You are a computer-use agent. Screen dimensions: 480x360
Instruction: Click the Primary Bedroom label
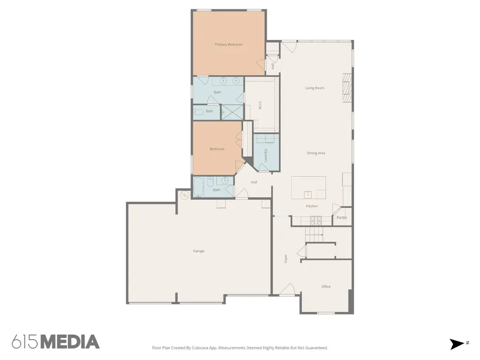pyautogui.click(x=229, y=45)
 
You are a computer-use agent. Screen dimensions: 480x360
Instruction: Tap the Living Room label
pyautogui.click(x=315, y=88)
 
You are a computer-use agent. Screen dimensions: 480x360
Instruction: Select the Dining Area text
pyautogui.click(x=316, y=153)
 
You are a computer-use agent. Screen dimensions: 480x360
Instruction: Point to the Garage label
pyautogui.click(x=199, y=251)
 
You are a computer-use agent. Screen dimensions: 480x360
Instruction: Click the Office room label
pyautogui.click(x=326, y=286)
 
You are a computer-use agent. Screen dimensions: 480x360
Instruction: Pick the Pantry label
pyautogui.click(x=342, y=217)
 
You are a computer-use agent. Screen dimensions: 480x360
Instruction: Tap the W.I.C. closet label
pyautogui.click(x=260, y=105)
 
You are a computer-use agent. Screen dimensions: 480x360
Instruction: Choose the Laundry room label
pyautogui.click(x=265, y=155)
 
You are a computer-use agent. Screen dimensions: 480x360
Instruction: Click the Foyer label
pyautogui.click(x=285, y=259)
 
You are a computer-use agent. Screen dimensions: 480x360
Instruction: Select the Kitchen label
pyautogui.click(x=312, y=206)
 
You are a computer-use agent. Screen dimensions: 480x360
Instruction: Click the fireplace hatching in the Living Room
pyautogui.click(x=347, y=88)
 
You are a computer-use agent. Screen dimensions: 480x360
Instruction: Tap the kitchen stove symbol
pyautogui.click(x=316, y=220)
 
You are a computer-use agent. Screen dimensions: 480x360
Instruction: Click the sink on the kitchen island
pyautogui.click(x=308, y=195)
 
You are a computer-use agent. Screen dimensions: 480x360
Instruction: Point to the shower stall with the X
pyautogui.click(x=232, y=112)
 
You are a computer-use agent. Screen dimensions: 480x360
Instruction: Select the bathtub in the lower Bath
pyautogui.click(x=198, y=187)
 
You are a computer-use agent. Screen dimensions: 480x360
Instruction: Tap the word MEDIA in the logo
pyautogui.click(x=70, y=342)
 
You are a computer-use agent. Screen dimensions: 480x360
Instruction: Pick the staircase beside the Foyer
pyautogui.click(x=314, y=234)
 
